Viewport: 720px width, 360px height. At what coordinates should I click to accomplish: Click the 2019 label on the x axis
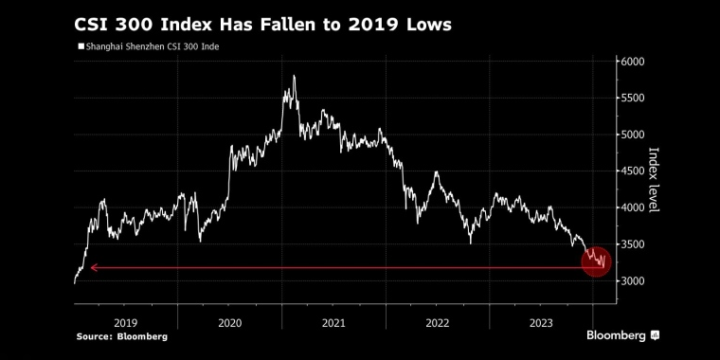[126, 322]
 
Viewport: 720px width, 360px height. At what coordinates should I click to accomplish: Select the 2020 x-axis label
[230, 322]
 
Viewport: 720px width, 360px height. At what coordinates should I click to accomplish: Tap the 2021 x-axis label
[333, 322]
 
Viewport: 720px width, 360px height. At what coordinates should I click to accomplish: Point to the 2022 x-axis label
[437, 322]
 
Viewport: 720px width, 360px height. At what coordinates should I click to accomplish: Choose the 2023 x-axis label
[540, 322]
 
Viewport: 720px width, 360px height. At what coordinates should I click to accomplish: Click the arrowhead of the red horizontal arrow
[93, 268]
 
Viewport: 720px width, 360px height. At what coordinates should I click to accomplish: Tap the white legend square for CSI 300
[80, 45]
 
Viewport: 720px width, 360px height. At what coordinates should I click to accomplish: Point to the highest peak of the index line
[295, 76]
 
